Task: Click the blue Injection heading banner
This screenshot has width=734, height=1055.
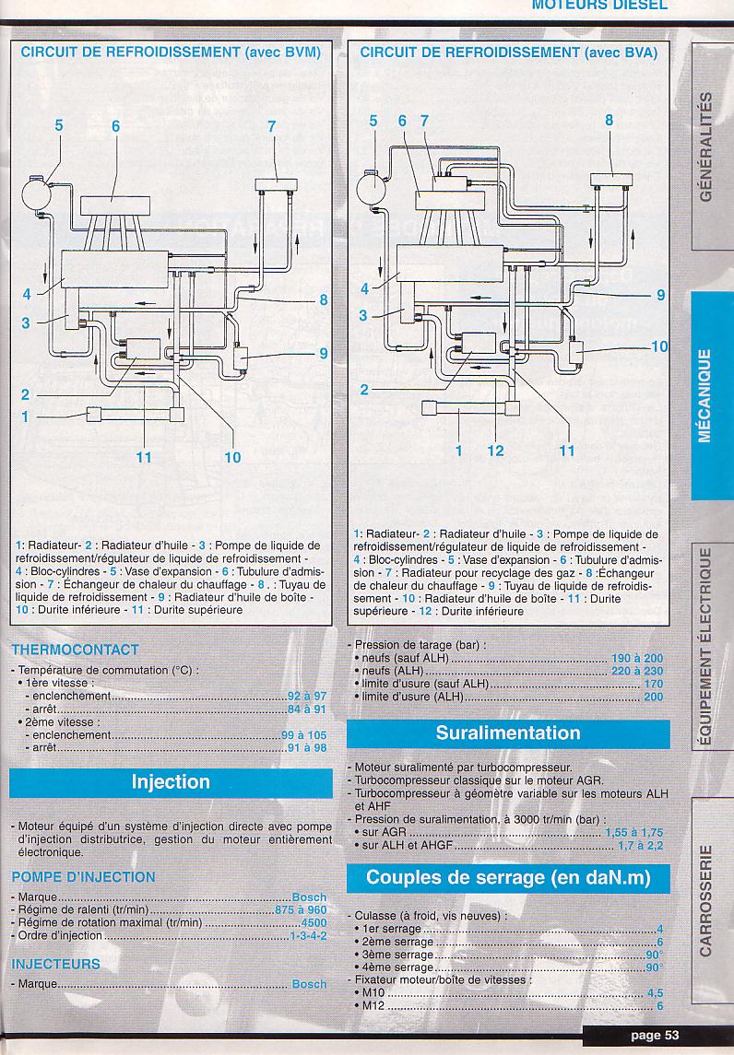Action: (171, 782)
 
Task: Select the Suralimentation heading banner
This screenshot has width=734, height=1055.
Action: (508, 733)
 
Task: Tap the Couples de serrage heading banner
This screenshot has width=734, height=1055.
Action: (508, 877)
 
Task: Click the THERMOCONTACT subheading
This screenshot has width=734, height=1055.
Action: (76, 651)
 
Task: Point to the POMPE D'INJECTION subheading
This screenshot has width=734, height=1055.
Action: (84, 877)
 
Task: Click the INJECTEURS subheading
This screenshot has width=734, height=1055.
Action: (55, 964)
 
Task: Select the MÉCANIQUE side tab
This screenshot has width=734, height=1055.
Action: (705, 395)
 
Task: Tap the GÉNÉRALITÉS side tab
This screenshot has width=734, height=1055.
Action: (705, 147)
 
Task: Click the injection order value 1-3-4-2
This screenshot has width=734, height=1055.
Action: (308, 936)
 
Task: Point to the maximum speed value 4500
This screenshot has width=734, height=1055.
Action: (314, 923)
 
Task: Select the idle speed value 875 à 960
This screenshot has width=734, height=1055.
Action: (301, 910)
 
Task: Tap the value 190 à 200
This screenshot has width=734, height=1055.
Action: (637, 659)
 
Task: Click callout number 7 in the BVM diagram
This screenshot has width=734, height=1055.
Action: (272, 127)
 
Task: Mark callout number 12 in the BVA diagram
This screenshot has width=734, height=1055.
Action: (496, 451)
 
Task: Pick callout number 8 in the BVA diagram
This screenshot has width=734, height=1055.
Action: (609, 120)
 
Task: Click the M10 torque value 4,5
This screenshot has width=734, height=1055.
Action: (655, 993)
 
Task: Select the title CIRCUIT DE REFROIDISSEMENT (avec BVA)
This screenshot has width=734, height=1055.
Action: (509, 53)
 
